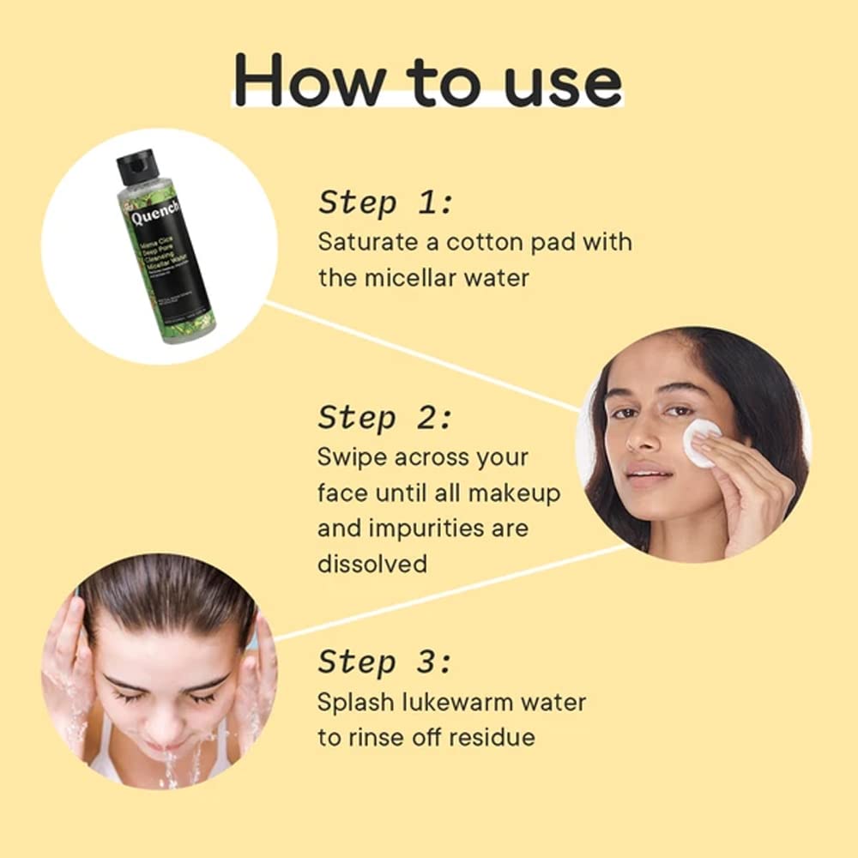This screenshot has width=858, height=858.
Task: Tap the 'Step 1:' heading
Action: [x=384, y=203]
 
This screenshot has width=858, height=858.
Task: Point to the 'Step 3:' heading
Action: [x=384, y=662]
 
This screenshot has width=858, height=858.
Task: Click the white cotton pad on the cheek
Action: [x=699, y=442]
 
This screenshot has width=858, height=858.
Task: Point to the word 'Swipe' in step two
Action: [x=352, y=456]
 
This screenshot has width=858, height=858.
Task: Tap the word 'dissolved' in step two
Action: [x=372, y=564]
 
